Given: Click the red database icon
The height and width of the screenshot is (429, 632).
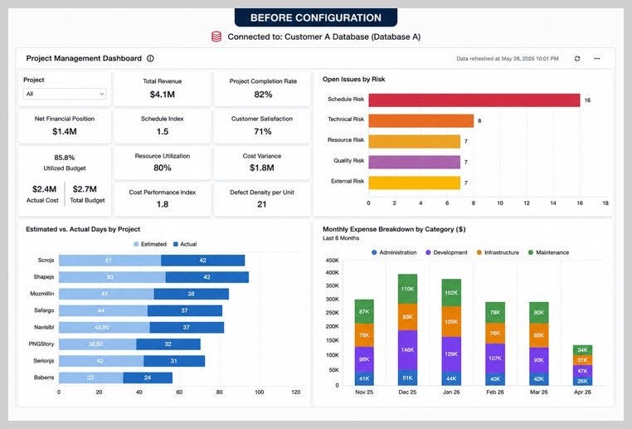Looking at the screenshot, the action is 216,37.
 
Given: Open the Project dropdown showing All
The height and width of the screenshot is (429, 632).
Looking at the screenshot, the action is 65,94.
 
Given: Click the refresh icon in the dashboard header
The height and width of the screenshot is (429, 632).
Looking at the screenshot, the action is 577,58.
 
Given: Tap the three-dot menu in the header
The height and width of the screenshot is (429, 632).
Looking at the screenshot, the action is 596,58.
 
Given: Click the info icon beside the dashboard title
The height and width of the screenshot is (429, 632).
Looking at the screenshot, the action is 150,58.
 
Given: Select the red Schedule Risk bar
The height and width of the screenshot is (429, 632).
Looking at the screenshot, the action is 474,100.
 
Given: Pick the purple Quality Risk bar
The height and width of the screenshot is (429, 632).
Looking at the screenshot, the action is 415,162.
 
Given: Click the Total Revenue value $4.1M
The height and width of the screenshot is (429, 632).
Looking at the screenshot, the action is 163,95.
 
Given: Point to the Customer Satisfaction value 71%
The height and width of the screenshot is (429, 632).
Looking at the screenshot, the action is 263,131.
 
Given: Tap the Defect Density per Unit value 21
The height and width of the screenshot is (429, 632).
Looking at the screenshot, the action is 262,204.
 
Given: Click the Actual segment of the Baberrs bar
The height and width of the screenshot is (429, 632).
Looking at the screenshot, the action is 148,378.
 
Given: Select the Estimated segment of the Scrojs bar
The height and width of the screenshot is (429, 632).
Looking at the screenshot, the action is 109,261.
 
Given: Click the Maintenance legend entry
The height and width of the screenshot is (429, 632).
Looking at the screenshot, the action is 548,252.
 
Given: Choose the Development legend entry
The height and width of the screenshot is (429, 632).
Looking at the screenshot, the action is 446,252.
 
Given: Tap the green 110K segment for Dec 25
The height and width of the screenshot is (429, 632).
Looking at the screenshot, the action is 407,289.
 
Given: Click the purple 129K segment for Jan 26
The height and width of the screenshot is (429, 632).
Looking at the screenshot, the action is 451,354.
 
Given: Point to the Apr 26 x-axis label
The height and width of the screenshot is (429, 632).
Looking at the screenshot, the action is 582,392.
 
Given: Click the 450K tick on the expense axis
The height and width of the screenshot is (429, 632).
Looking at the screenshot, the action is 333,261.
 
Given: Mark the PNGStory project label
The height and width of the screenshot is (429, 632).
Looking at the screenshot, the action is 41,344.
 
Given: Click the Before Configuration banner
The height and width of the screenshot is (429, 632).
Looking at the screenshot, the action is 316,17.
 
